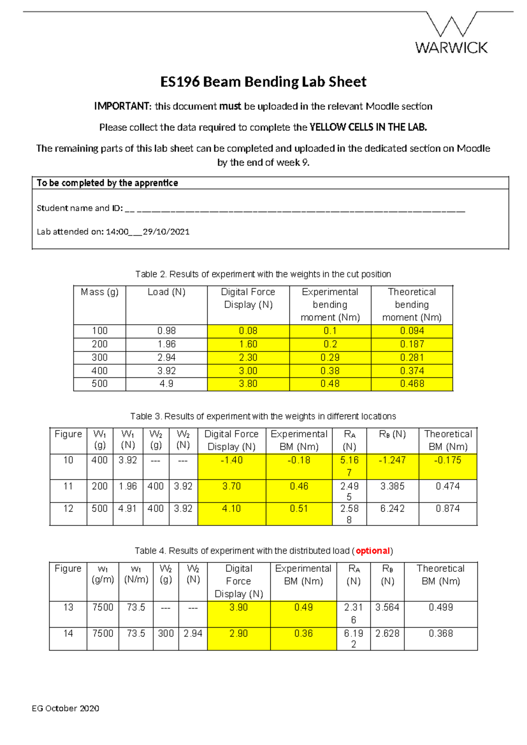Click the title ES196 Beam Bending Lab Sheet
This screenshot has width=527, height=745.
tap(263, 82)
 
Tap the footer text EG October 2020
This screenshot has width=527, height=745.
tap(65, 708)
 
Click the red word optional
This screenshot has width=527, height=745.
tap(372, 550)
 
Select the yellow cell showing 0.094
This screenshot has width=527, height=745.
tap(411, 331)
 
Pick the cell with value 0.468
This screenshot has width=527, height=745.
tap(411, 383)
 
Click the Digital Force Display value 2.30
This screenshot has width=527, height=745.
tap(248, 358)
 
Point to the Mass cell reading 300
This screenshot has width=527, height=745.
tap(100, 358)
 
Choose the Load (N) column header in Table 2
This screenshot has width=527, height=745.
tap(166, 292)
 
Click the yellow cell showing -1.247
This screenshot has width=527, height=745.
tap(392, 460)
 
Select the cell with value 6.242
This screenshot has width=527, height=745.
tap(392, 508)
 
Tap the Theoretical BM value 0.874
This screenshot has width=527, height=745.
tap(448, 508)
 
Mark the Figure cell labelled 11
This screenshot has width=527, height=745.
tap(68, 486)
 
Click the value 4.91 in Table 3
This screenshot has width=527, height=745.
tap(127, 508)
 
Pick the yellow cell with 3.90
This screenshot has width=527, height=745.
tap(238, 607)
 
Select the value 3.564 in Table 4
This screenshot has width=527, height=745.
tap(387, 607)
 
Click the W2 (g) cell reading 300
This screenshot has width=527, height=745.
tap(166, 633)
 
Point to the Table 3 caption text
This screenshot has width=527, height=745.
tap(263, 416)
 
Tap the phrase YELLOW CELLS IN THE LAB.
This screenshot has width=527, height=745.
tap(368, 127)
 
